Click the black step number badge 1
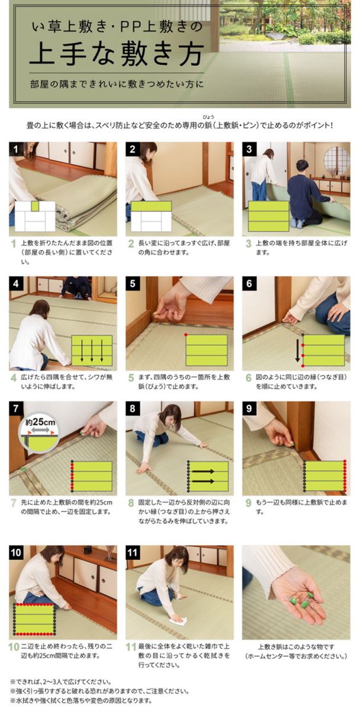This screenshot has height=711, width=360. click(15, 149)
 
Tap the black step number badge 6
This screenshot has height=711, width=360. click(249, 284)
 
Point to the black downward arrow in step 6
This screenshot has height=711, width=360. click(297, 350)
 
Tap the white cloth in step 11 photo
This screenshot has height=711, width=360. click(178, 621)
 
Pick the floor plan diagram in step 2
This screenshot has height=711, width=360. click(150, 216)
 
